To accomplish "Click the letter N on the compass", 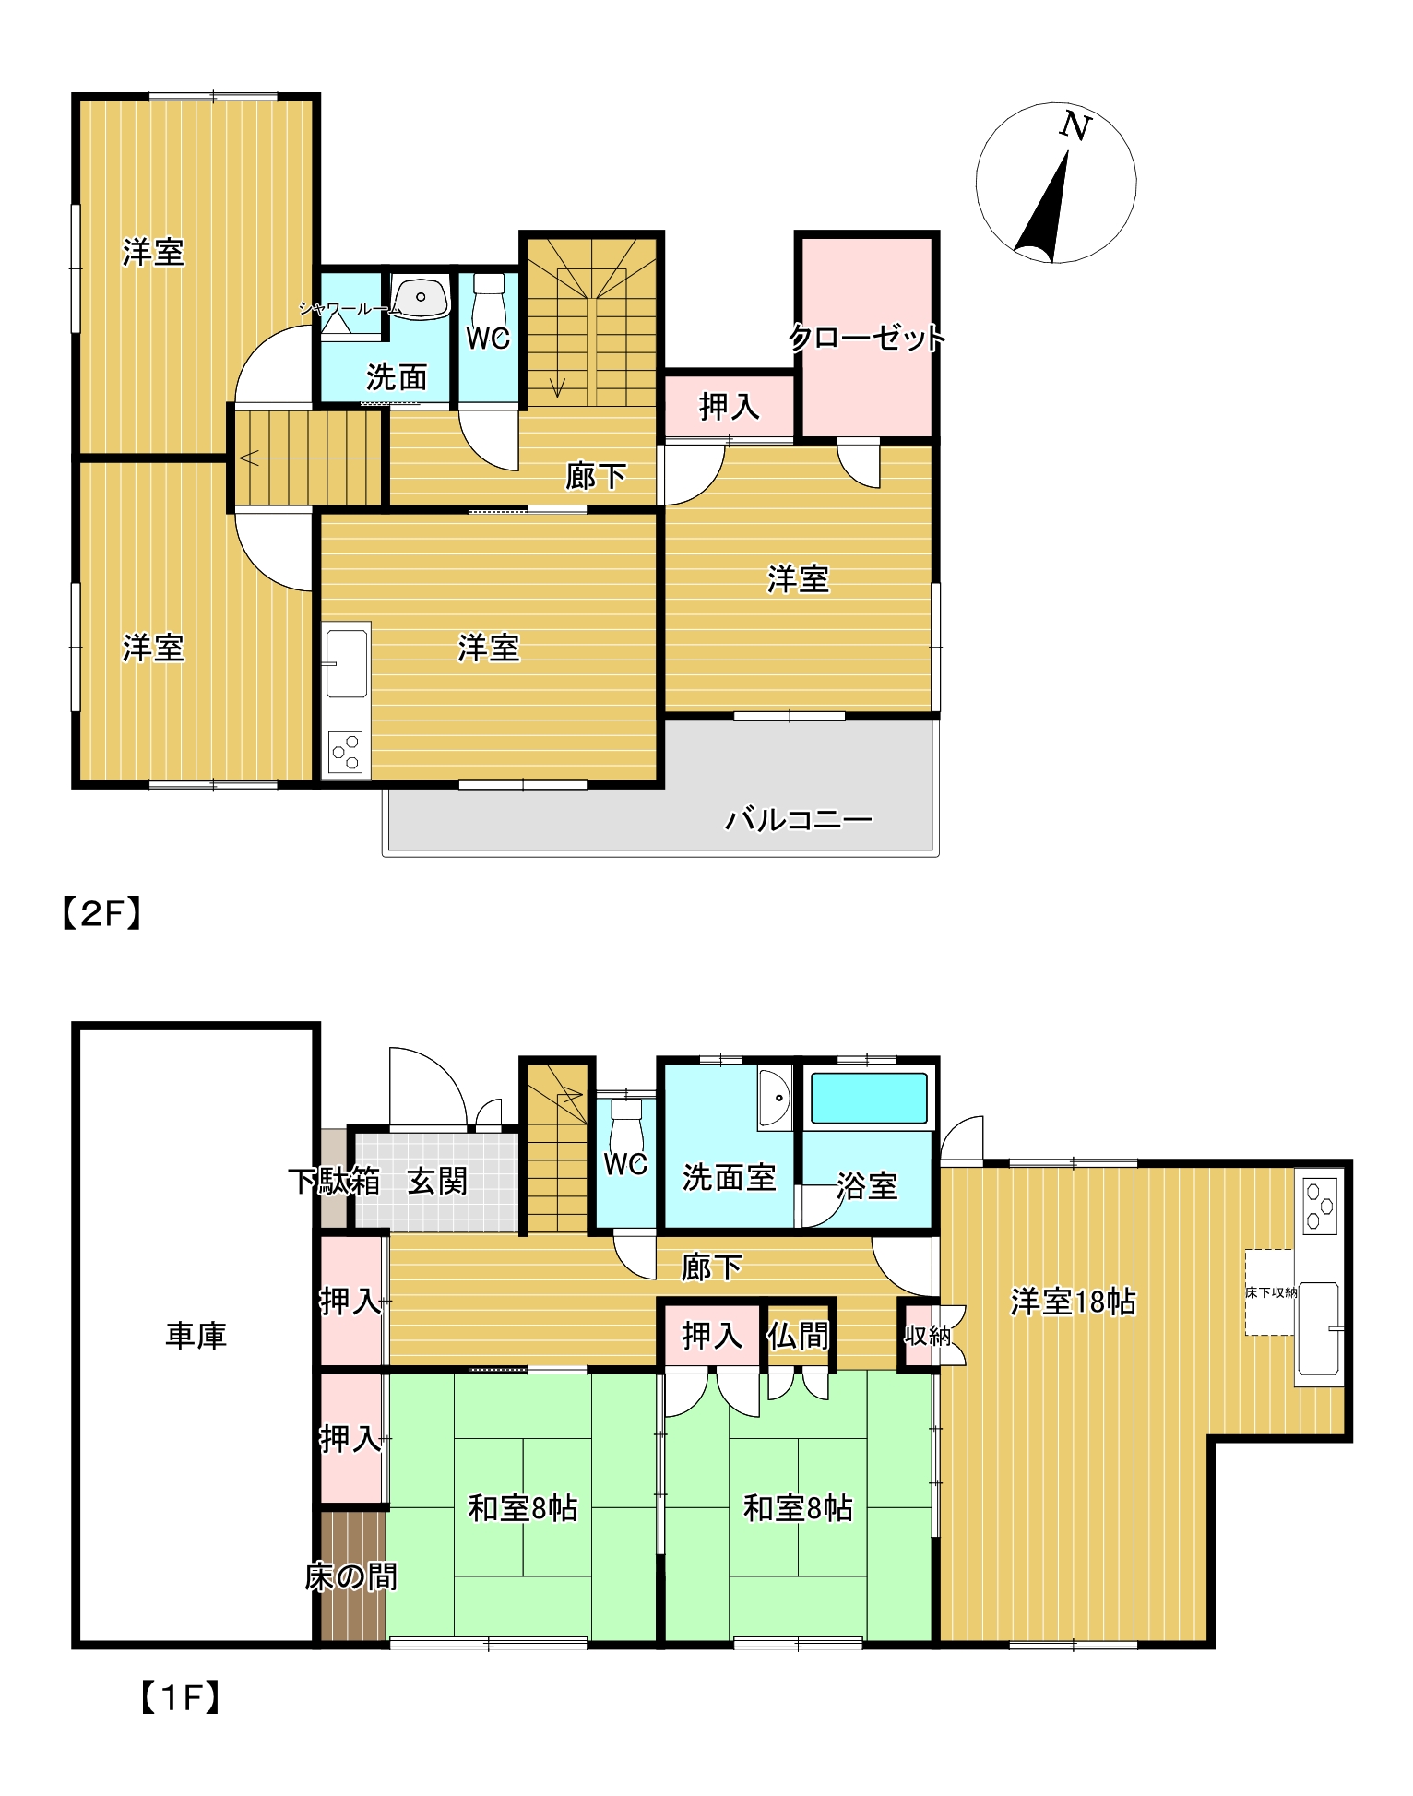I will pos(1075,125).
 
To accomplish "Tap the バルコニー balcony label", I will pos(798,819).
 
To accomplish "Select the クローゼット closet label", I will pos(867,338).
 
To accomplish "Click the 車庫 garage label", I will pos(196,1335).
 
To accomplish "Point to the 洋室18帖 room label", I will pos(1073,1302).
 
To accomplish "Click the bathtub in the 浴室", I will pos(868,1098).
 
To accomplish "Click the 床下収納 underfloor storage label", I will pos(1271,1292).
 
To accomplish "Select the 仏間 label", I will pos(799,1335).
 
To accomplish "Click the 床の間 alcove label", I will pos(350,1576).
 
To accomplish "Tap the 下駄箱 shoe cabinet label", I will pos(334,1181).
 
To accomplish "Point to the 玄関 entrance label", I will pos(438,1181).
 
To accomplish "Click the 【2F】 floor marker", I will pos(101,913).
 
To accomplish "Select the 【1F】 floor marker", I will pos(180,1697).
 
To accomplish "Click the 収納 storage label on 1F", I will pos(927,1335).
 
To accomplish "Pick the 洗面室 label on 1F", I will pos(729,1178).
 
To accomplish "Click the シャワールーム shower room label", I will pos(350,309).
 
